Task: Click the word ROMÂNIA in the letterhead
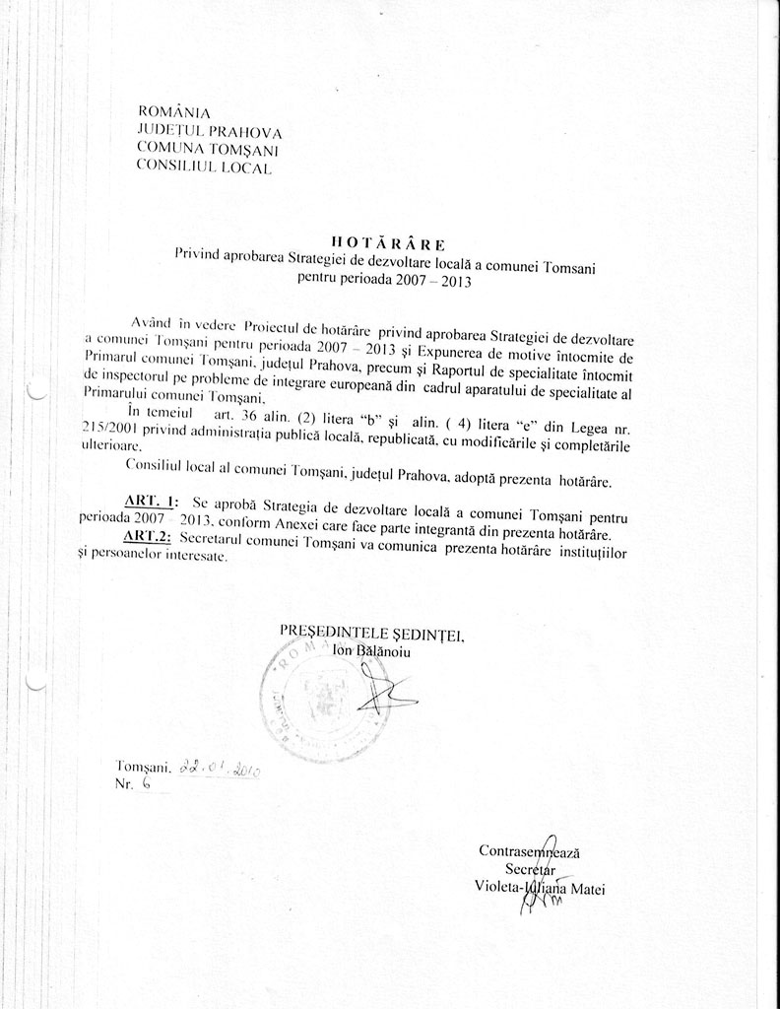[174, 112]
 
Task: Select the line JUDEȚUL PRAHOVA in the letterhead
[210, 131]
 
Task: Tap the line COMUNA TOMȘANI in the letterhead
[208, 149]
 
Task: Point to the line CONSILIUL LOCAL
[203, 168]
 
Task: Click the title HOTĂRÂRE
[389, 242]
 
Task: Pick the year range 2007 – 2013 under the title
[436, 280]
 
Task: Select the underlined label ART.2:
[148, 537]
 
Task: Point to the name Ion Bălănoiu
[370, 650]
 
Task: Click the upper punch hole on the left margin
[35, 391]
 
